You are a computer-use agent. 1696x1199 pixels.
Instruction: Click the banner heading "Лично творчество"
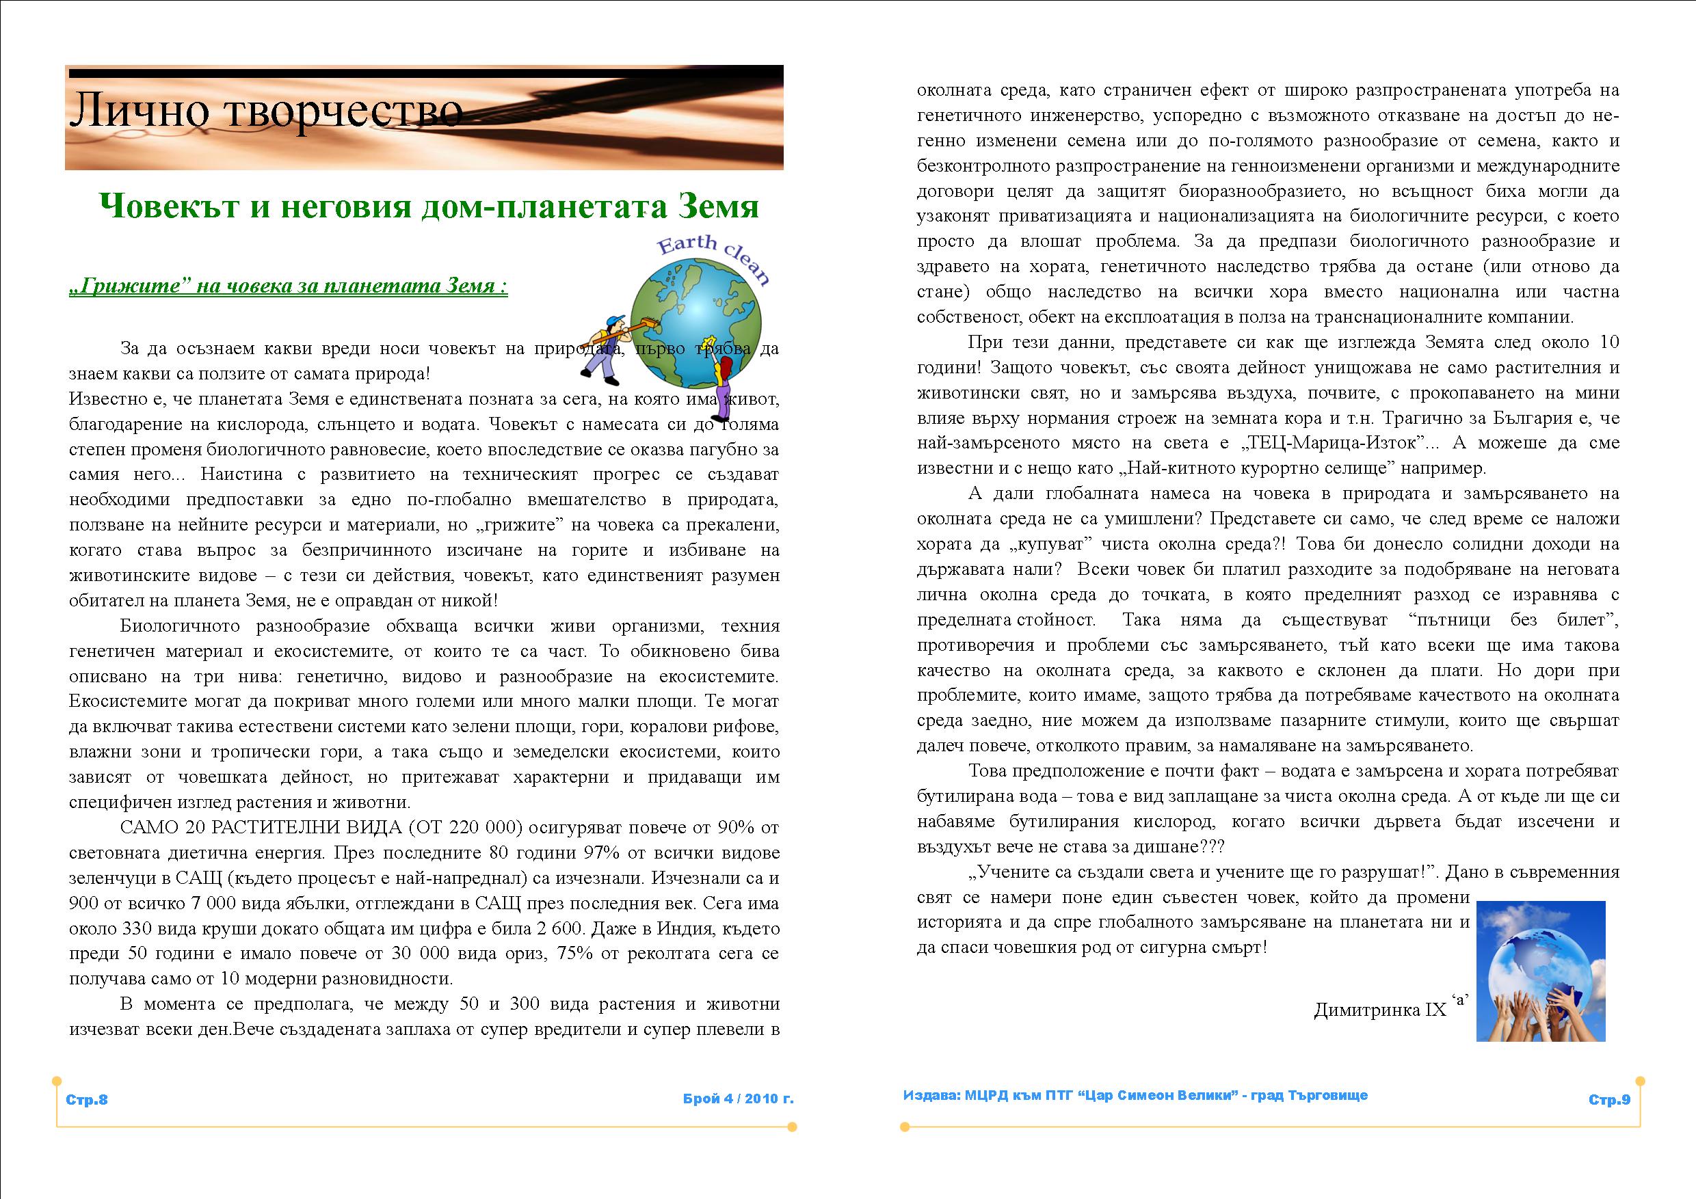[266, 111]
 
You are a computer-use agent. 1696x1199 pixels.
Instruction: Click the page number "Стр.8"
[87, 1099]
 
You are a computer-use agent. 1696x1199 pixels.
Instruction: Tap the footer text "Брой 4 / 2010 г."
[738, 1099]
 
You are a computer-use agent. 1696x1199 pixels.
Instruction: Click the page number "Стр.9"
[1609, 1100]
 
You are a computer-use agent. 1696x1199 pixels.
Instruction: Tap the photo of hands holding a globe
[1541, 970]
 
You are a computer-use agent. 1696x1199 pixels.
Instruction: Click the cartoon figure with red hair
[723, 377]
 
